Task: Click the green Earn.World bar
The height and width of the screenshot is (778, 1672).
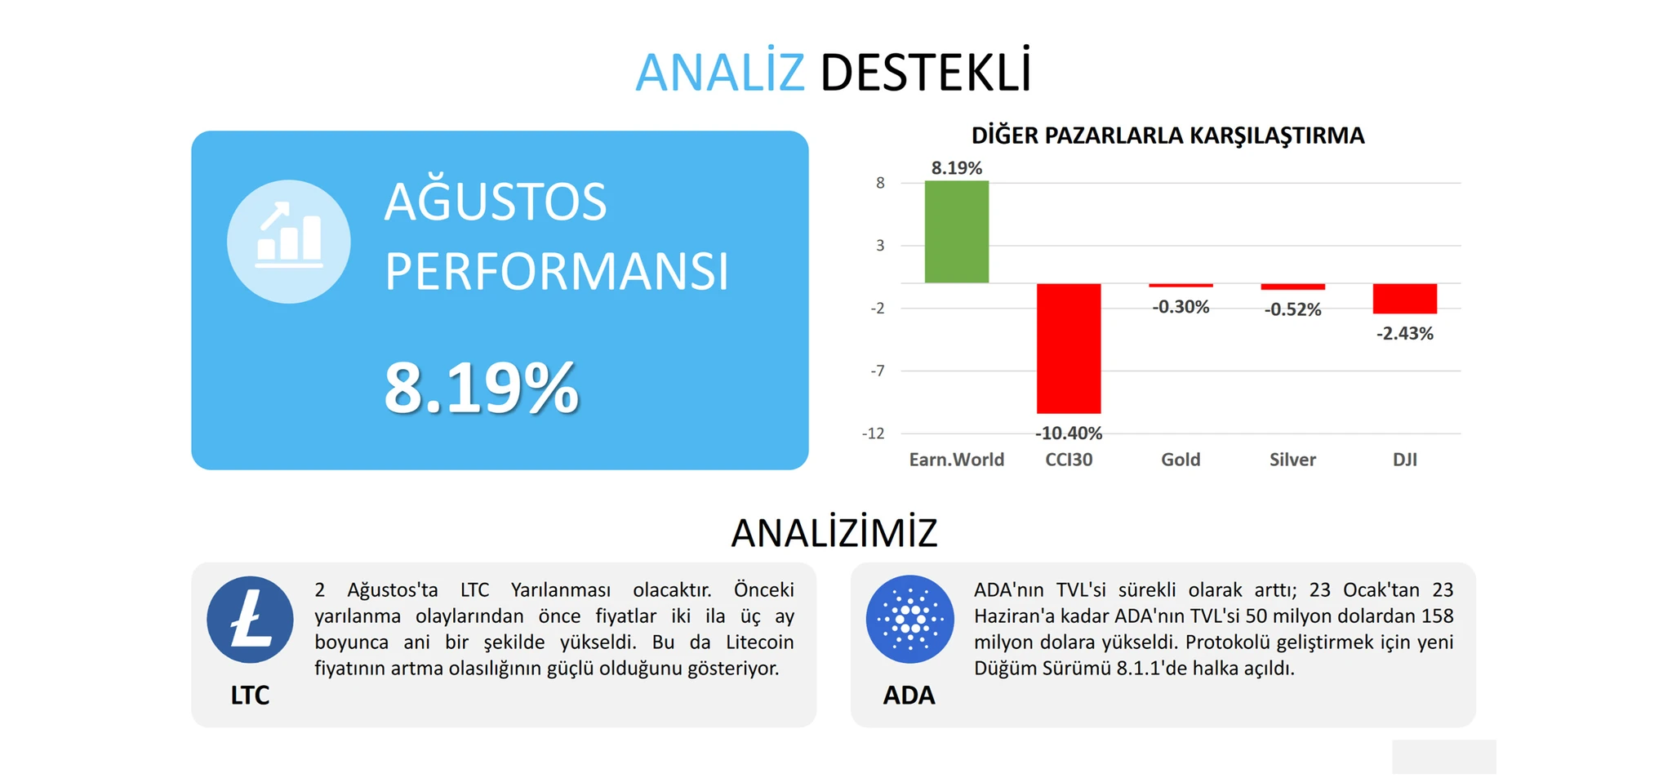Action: [956, 232]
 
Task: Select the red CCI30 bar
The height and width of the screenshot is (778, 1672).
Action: [1069, 349]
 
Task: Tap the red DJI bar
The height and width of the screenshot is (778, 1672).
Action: [1404, 299]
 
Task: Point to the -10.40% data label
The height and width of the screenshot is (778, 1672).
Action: [1069, 433]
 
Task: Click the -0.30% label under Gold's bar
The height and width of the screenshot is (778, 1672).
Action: [1181, 307]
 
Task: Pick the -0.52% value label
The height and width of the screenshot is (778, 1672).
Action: [1292, 309]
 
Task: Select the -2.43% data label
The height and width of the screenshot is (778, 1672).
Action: [1404, 333]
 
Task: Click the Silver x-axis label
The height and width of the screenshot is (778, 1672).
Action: [1292, 460]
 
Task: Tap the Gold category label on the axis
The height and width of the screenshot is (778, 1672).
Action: [1181, 460]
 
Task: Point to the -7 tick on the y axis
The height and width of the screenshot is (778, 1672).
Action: [877, 371]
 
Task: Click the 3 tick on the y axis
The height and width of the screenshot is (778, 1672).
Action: [880, 245]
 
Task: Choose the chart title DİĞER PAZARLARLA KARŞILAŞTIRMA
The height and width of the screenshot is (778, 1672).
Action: [1167, 136]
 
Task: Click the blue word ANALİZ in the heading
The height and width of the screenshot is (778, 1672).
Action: [719, 72]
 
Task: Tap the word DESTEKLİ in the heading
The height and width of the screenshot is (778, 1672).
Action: [926, 72]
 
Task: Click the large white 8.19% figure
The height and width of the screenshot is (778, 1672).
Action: [481, 388]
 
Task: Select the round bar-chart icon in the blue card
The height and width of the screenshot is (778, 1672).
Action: [289, 242]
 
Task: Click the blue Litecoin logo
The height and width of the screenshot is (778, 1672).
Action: [250, 620]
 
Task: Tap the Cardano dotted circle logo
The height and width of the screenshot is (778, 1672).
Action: [909, 620]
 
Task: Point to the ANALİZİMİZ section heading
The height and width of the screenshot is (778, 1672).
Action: [834, 532]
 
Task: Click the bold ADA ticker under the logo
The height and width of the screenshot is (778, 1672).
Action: [909, 695]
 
